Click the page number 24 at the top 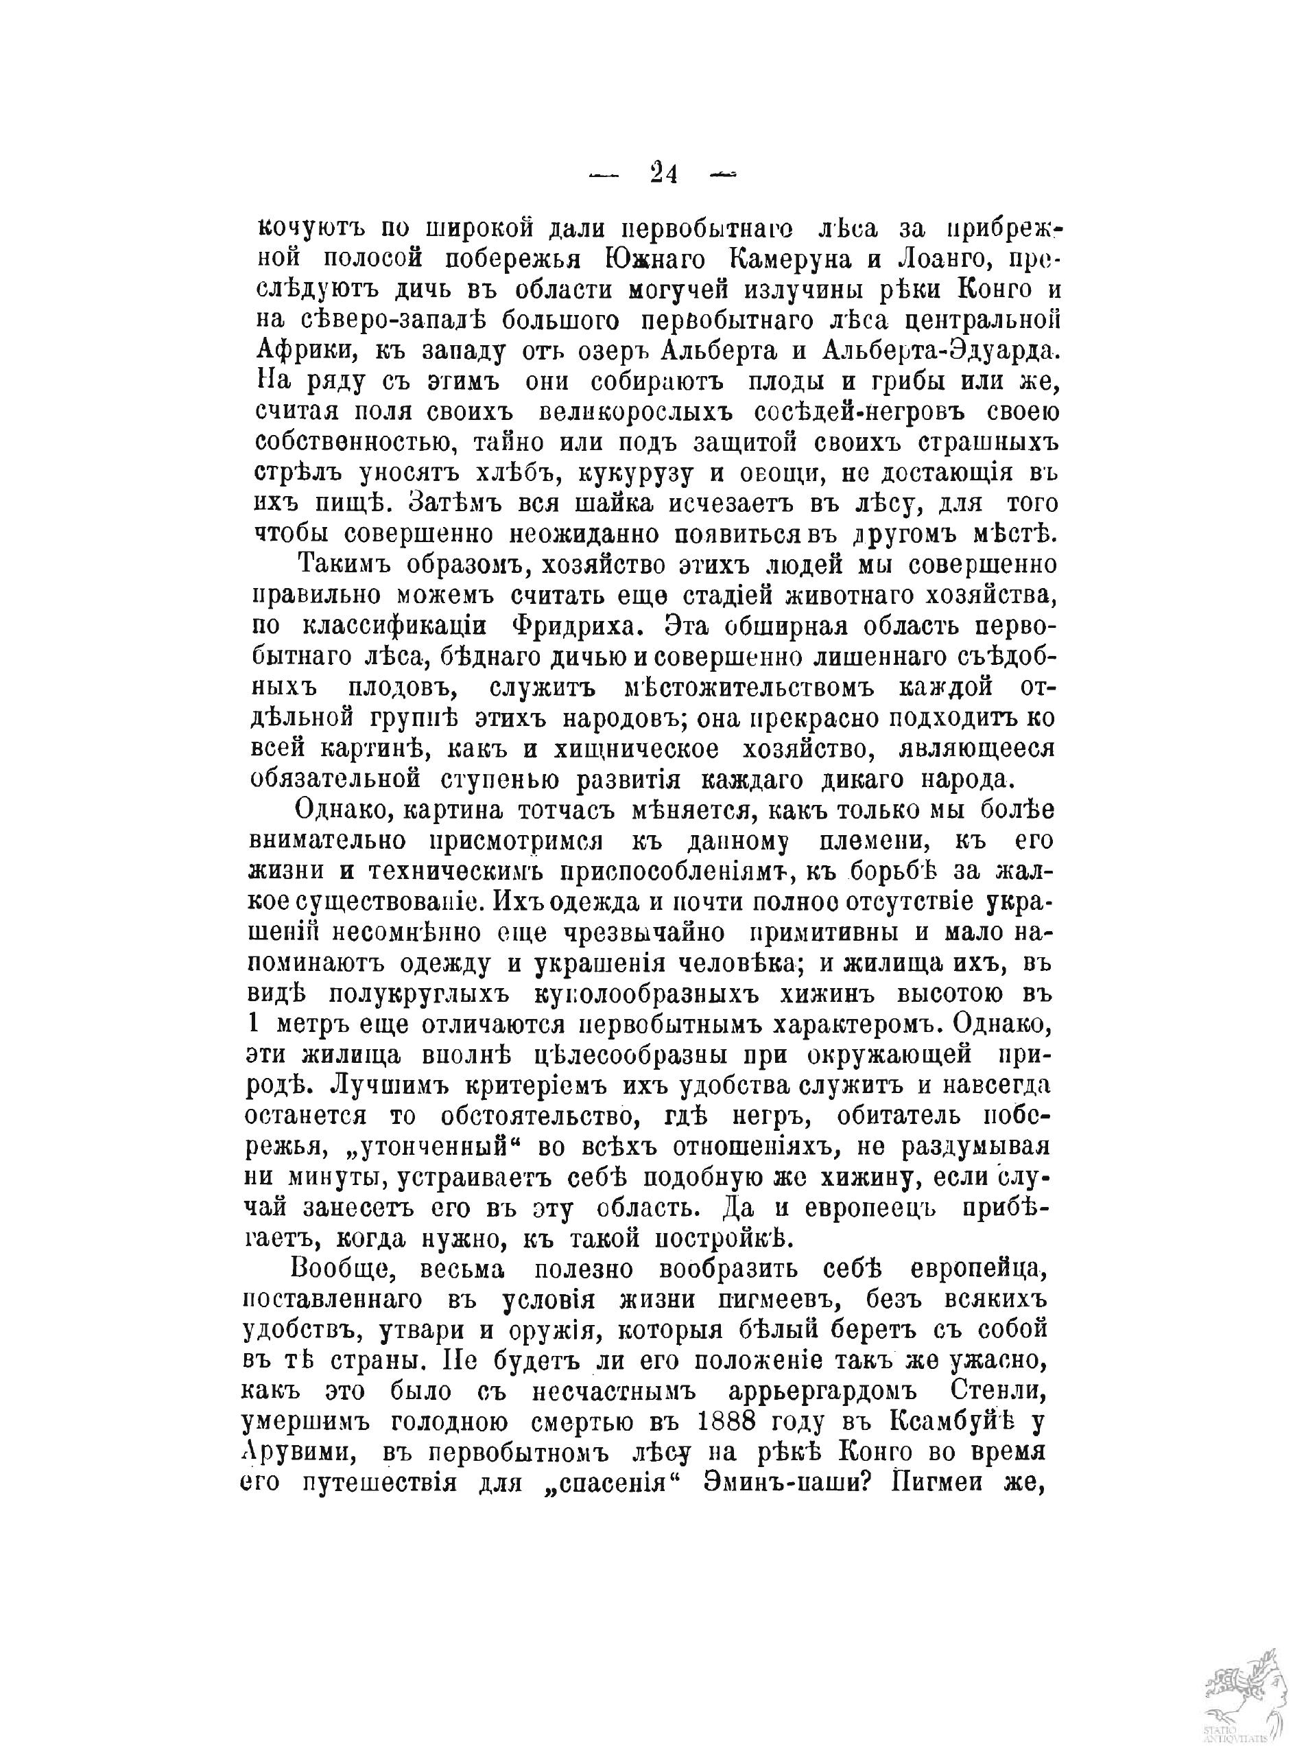[663, 173]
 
